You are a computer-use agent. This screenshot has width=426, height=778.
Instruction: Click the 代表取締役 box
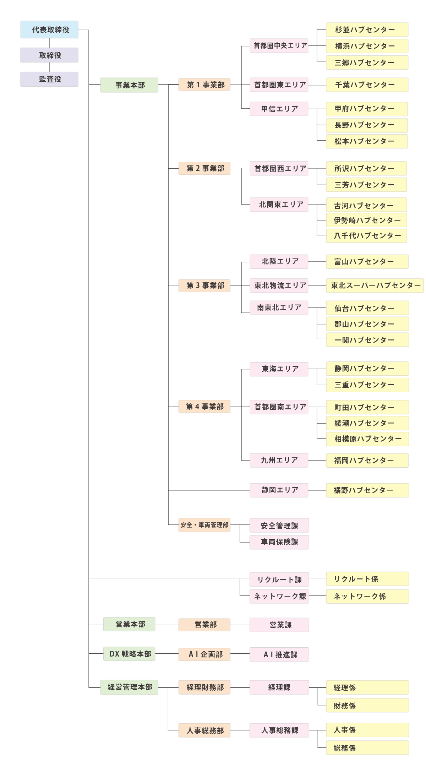49,29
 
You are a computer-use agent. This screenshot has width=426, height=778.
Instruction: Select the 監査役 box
49,79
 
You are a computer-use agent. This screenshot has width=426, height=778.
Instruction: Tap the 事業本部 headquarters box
129,85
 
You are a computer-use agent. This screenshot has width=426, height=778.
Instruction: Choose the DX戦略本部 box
129,654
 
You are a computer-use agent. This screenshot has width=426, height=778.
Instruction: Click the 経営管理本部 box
129,687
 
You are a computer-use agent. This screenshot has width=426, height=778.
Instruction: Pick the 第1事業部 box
204,85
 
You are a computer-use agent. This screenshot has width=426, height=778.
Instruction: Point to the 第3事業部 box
204,285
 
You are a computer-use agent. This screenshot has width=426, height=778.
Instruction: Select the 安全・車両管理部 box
204,525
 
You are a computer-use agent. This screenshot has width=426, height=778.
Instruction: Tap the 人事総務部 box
204,730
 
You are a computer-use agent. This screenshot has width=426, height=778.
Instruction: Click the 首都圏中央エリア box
279,46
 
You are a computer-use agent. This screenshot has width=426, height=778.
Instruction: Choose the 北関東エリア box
279,205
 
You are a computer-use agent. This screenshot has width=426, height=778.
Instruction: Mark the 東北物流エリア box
279,285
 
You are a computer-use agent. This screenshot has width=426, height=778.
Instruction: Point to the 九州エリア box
279,460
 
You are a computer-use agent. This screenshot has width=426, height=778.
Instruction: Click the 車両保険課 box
279,542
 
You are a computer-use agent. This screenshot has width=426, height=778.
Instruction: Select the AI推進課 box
279,654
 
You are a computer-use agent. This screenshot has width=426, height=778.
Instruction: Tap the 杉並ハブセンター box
367,30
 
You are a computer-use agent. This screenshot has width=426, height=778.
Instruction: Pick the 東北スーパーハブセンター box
375,285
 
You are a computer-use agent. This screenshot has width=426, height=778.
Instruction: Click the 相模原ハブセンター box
367,439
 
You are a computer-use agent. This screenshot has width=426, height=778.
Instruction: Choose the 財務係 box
367,705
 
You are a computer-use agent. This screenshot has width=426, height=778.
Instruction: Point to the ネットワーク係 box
367,597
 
